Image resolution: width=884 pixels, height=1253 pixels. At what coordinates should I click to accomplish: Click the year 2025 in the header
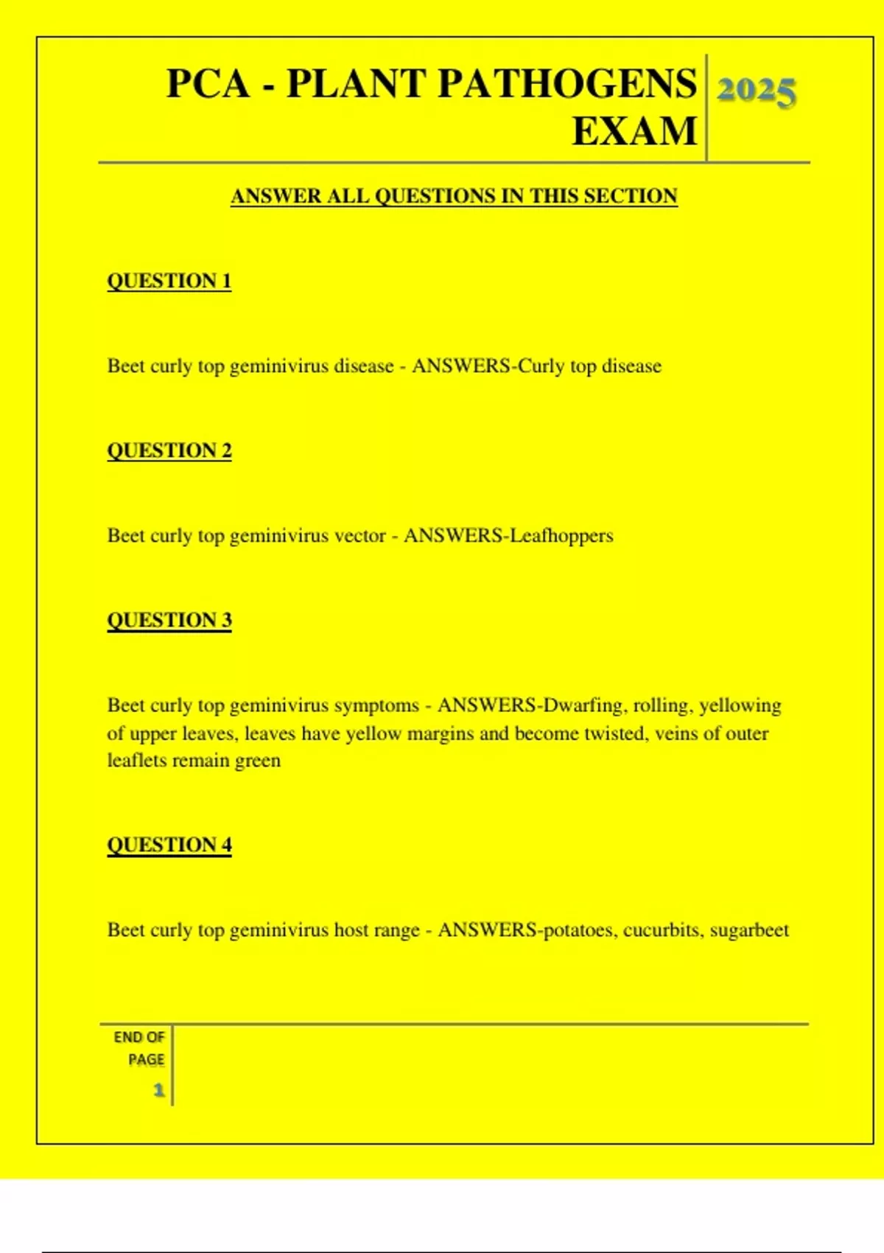(756, 91)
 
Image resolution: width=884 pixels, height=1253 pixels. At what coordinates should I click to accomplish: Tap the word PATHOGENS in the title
(566, 83)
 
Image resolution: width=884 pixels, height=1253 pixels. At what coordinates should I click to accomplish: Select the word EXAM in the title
(634, 131)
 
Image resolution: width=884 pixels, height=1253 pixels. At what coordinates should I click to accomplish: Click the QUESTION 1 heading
(169, 281)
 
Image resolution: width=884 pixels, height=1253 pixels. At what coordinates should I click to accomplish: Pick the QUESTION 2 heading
(169, 450)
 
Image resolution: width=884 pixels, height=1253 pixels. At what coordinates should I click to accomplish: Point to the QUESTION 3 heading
(169, 620)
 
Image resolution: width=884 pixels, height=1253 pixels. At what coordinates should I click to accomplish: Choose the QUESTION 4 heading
(169, 845)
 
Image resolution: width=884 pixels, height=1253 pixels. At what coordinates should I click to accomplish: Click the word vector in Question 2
(360, 536)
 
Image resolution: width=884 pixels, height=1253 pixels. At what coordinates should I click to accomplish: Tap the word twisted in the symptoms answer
(614, 734)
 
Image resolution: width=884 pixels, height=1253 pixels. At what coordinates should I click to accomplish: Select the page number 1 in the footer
(158, 1089)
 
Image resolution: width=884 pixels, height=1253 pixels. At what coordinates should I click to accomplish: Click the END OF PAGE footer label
(140, 1048)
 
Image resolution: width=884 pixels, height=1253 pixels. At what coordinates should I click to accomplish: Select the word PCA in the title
(208, 83)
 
